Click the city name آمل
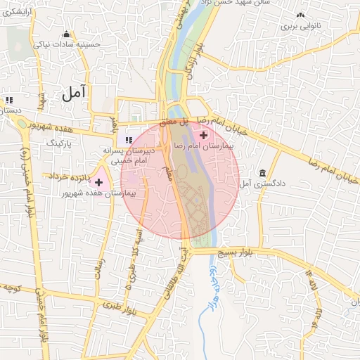tap(73, 91)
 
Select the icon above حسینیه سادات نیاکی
tap(67, 34)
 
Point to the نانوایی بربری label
tap(301, 26)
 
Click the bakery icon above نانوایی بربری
tap(301, 15)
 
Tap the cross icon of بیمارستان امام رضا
tap(204, 135)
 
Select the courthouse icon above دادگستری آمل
tap(262, 173)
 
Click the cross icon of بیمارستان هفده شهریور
tap(98, 182)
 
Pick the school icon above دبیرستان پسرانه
tap(129, 140)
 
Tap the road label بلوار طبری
tap(113, 307)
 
